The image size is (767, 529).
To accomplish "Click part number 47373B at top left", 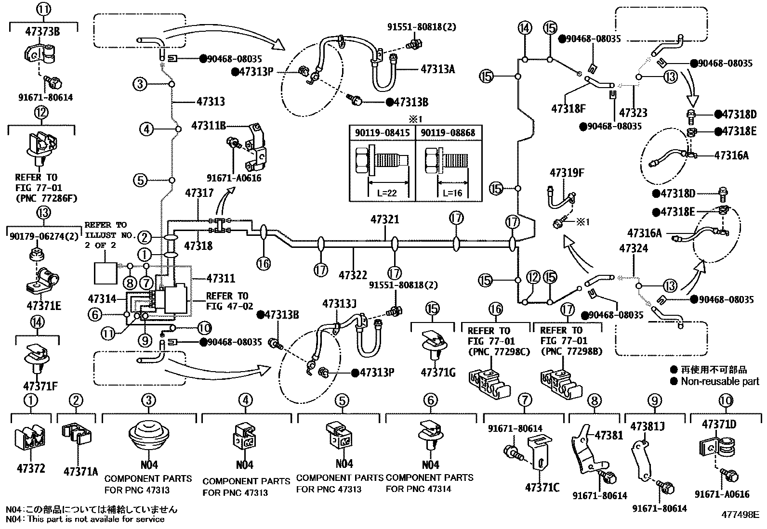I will [42, 32].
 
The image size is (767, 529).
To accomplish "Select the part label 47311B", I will [208, 126].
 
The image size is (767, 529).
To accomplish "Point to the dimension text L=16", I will [452, 193].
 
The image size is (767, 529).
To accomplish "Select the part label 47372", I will [31, 467].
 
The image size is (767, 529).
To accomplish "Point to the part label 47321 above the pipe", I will [384, 219].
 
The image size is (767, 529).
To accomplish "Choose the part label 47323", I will [633, 113].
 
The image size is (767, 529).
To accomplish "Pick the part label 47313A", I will [437, 69].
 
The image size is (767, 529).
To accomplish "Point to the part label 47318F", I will [568, 109].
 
